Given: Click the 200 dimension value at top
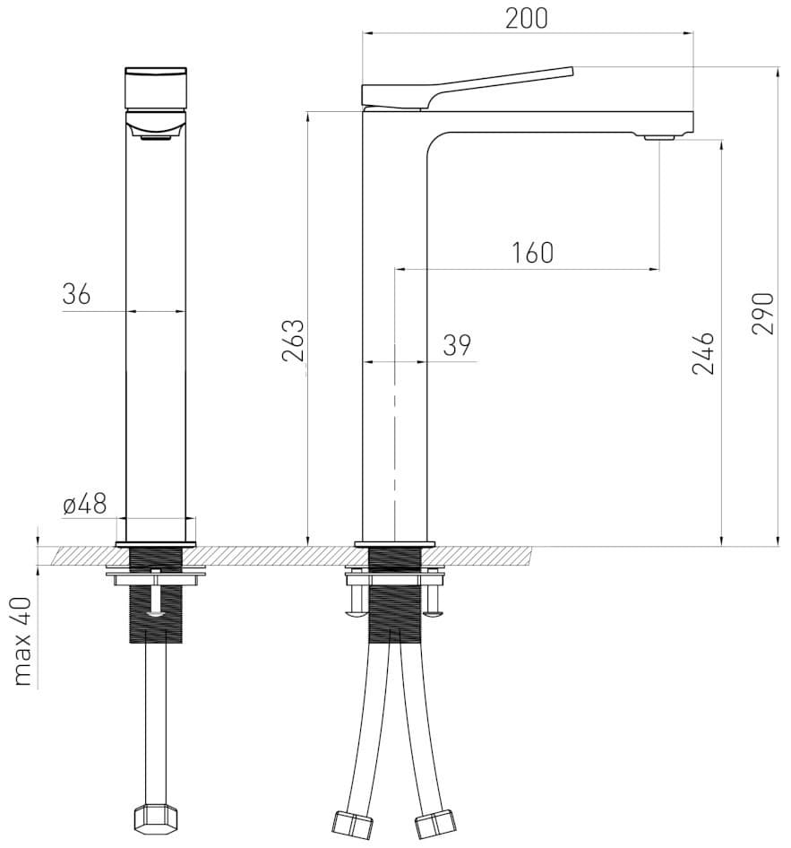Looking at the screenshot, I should (x=527, y=17).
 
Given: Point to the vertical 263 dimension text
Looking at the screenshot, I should (x=294, y=341).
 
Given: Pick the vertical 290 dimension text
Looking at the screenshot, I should (x=762, y=314).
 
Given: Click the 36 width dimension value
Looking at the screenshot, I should (x=77, y=294).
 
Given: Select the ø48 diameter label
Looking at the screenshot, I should (x=85, y=505).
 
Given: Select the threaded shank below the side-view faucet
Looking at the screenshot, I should (x=394, y=592).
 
